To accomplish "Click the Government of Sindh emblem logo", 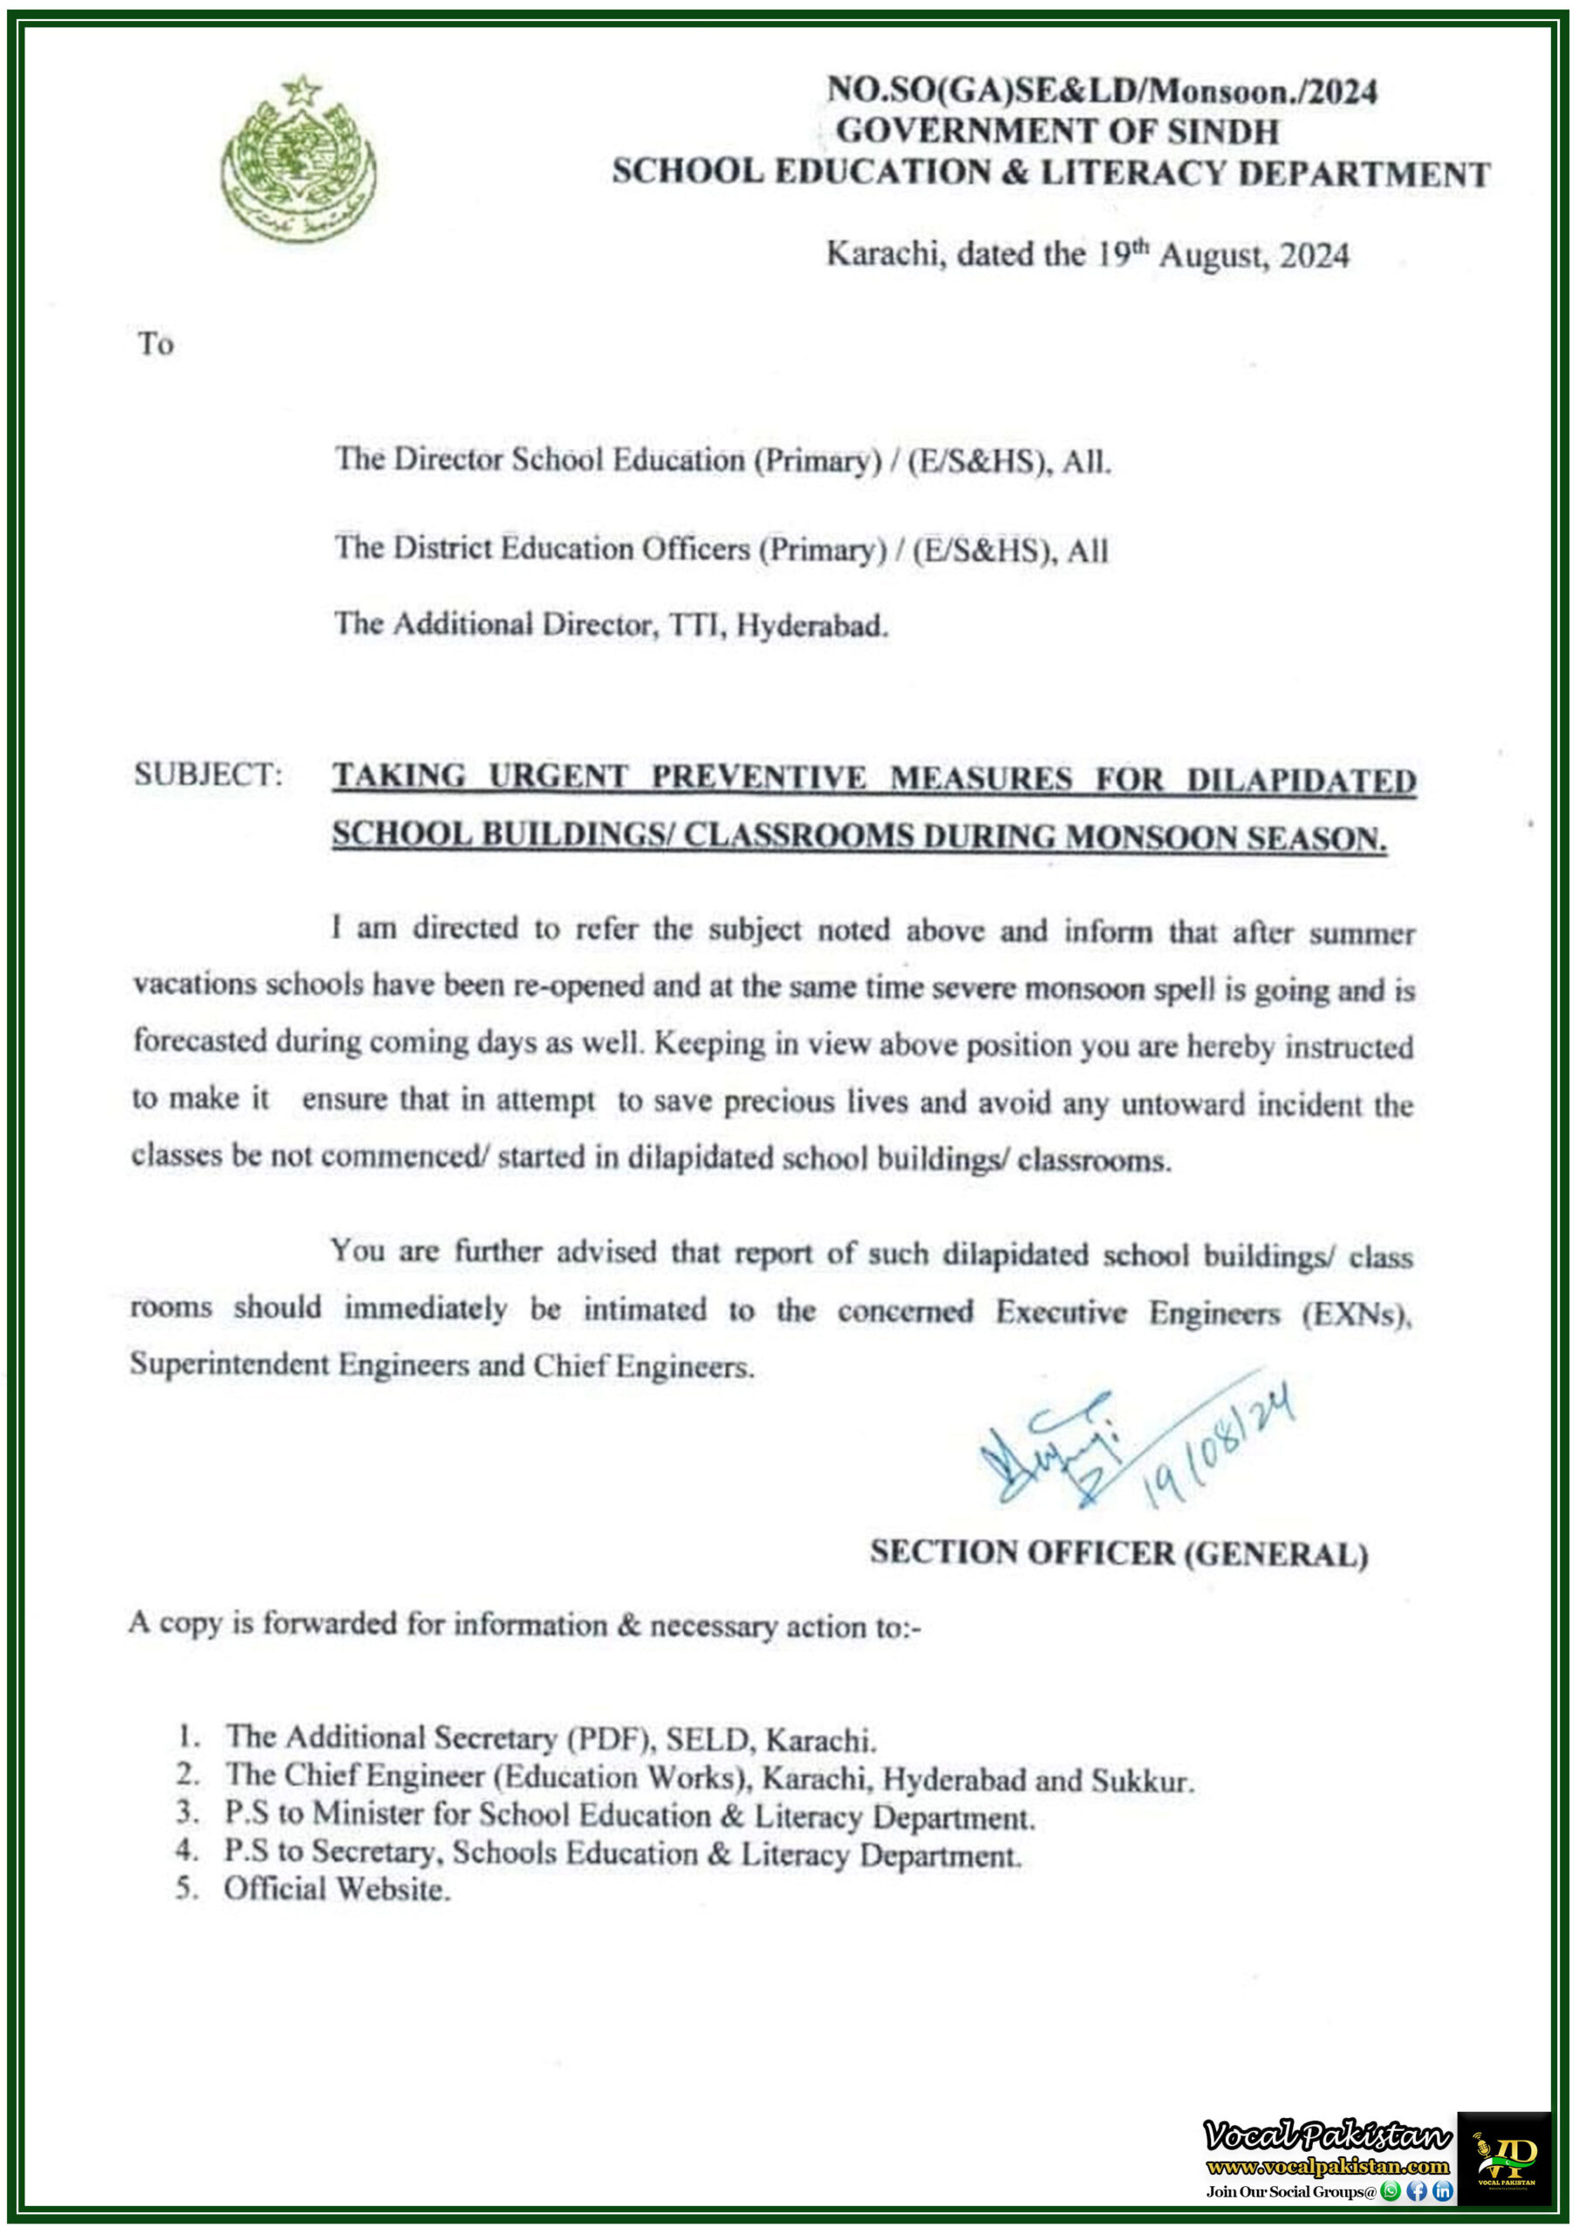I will [x=297, y=158].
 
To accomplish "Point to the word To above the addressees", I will [x=155, y=345].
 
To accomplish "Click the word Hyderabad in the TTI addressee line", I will [x=811, y=626].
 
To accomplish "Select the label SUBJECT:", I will [x=208, y=775].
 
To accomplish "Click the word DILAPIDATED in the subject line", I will [x=1301, y=780].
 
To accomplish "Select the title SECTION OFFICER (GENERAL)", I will [x=1119, y=1553].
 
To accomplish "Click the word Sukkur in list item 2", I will [x=1141, y=1782].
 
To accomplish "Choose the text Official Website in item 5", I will [x=337, y=1889].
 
